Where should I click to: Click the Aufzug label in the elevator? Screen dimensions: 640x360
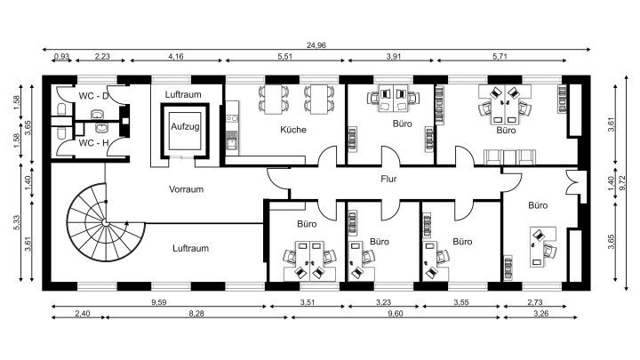[185, 126]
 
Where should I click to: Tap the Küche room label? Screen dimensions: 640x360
[293, 130]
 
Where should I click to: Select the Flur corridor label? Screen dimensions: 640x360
[388, 179]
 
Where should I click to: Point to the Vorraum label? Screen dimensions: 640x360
[186, 189]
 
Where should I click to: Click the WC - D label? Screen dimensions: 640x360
[93, 96]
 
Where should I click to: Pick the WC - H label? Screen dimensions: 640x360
[93, 143]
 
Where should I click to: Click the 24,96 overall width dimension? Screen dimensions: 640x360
[316, 45]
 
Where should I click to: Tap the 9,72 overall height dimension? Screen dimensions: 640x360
[622, 182]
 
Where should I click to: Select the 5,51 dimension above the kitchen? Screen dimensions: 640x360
[285, 56]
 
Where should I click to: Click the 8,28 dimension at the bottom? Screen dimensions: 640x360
[196, 314]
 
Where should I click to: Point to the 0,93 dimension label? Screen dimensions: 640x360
[61, 56]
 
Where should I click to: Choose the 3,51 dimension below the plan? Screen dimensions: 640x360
[308, 302]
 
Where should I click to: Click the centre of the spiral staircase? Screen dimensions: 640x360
[105, 222]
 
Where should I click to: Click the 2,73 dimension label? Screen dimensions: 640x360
[535, 302]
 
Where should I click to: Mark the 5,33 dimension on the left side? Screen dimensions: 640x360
[17, 222]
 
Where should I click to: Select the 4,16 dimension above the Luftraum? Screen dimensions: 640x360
[176, 56]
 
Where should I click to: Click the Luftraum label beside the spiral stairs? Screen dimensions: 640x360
[190, 248]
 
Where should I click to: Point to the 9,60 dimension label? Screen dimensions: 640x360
[395, 314]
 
